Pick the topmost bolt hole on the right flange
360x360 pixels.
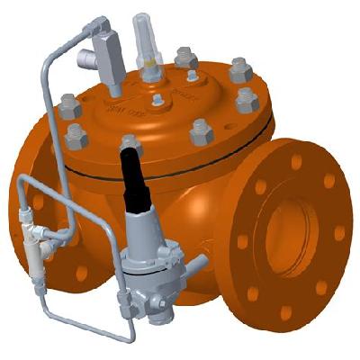click(298, 162)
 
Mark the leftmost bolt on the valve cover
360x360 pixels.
click(70, 107)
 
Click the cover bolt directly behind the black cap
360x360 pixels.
click(131, 143)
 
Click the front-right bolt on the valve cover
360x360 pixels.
click(200, 134)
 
